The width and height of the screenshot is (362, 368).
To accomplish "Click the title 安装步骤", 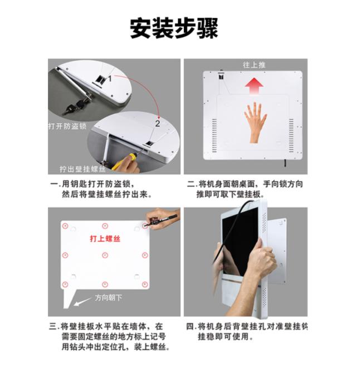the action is (174, 28).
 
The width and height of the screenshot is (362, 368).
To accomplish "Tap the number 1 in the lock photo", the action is (110, 78).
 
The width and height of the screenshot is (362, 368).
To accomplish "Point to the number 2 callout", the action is (158, 124).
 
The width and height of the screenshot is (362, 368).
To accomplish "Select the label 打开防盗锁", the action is (67, 126).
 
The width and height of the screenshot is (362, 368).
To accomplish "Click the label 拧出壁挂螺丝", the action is (82, 169).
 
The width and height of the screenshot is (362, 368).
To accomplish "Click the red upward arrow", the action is (254, 86).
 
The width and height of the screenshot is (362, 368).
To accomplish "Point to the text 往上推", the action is (254, 65).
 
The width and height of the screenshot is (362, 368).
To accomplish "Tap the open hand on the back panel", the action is (256, 122).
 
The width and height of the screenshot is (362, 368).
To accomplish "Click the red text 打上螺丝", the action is (105, 239).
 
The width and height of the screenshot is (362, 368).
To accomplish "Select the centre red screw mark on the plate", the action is (105, 255).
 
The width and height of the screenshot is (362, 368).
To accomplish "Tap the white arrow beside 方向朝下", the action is (82, 302).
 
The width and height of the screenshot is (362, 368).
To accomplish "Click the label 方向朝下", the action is (109, 298).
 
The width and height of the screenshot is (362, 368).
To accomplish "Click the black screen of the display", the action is (239, 242).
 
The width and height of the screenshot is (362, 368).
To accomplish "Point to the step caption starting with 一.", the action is (101, 189).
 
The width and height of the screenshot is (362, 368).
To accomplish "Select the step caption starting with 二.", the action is (245, 189).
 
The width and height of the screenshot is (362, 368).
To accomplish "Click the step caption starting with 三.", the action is (109, 337).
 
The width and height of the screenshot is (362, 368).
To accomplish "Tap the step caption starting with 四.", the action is (247, 331).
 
